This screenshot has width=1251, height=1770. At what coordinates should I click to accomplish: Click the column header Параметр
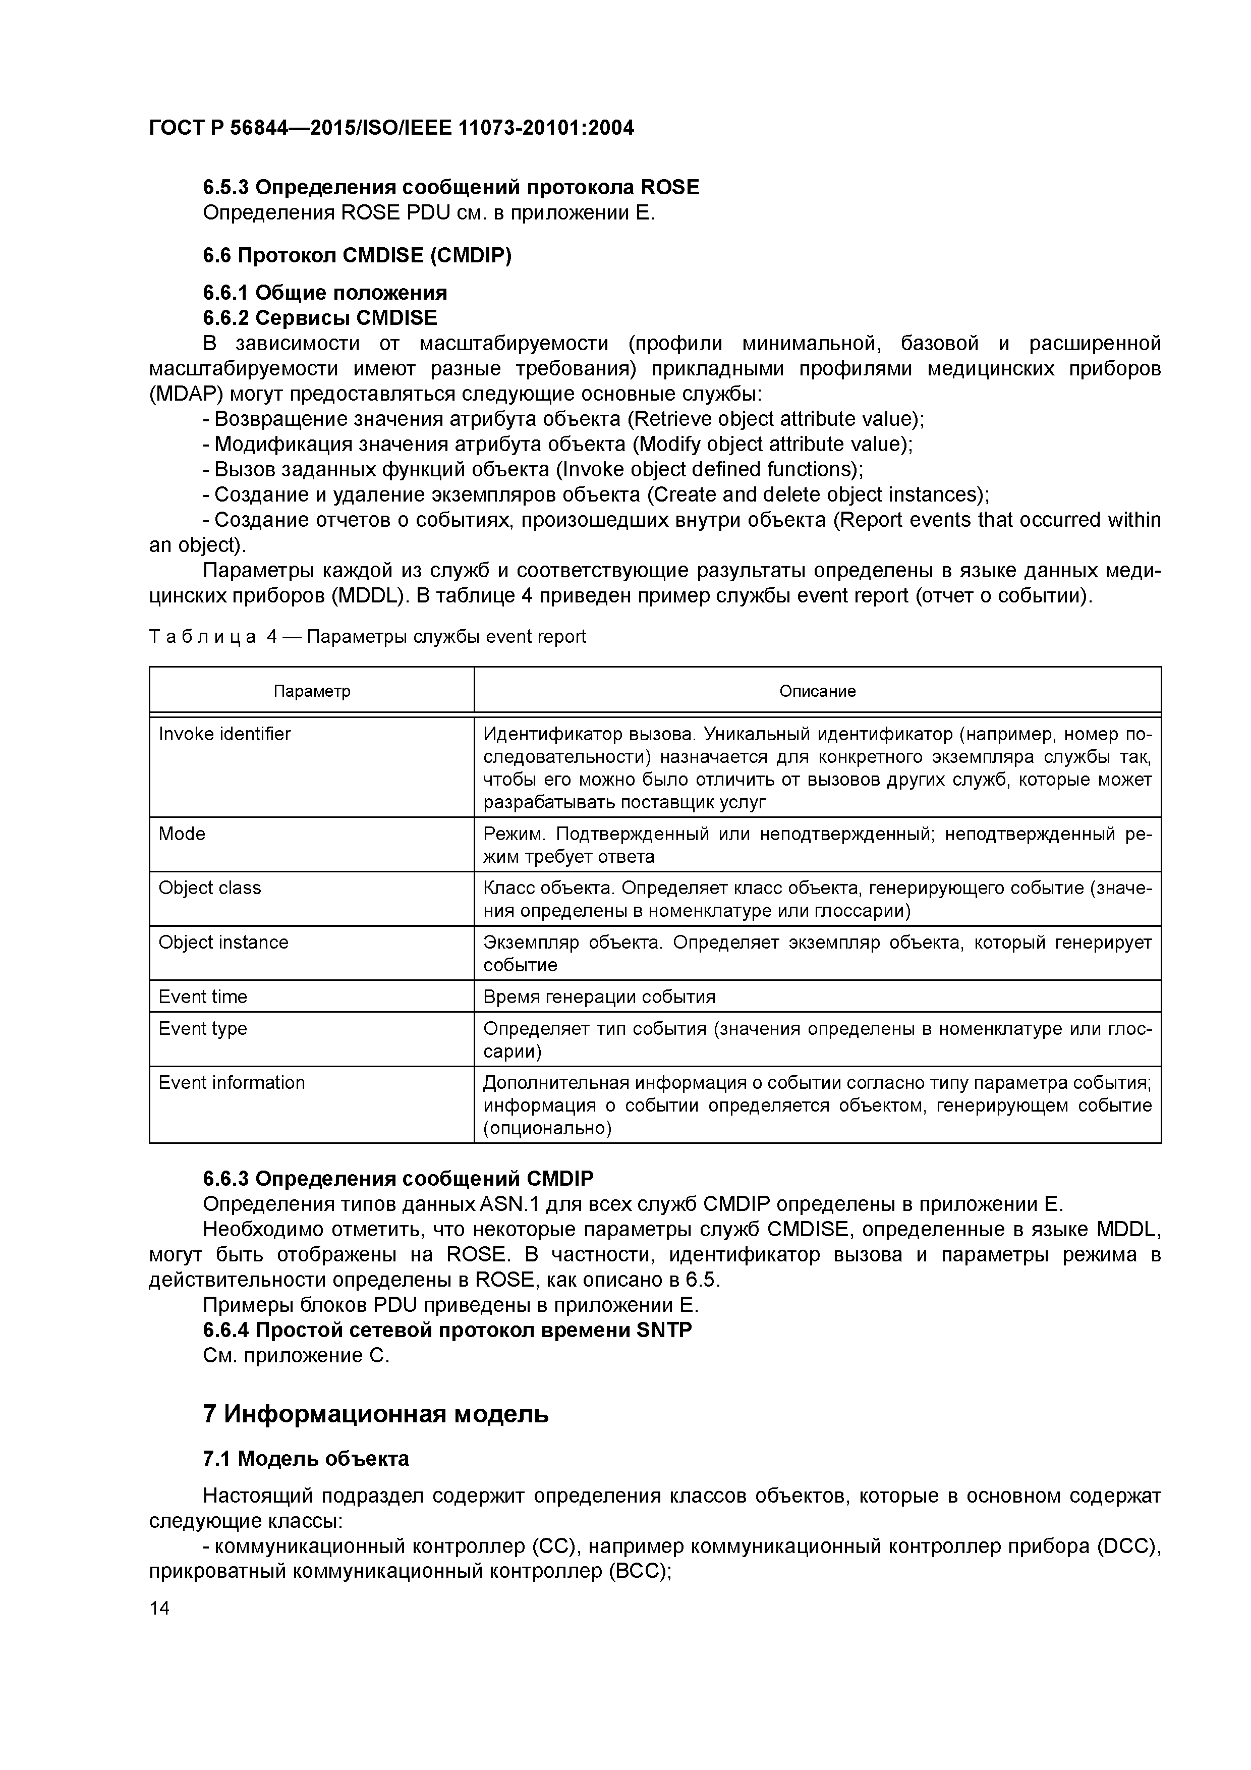pos(311,691)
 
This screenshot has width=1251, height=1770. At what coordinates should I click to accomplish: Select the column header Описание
pos(817,691)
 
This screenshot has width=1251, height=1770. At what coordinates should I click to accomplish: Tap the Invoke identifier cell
pos(225,734)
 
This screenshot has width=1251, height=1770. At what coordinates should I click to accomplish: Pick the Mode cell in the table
pos(182,834)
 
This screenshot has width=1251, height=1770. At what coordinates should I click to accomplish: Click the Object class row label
pos(210,888)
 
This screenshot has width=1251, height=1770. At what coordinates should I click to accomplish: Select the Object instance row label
pos(223,942)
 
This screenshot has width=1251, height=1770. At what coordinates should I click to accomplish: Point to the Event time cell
pos(203,997)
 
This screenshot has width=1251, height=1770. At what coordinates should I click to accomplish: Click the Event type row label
pos(203,1028)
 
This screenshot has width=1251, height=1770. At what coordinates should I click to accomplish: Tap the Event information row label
pos(231,1082)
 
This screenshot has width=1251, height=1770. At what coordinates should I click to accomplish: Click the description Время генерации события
pos(599,997)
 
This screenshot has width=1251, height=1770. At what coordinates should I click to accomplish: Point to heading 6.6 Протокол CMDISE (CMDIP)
pos(357,255)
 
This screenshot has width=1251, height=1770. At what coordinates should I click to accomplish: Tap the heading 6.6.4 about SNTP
pos(447,1330)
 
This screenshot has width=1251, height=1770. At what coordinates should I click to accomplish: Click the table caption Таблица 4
pos(367,637)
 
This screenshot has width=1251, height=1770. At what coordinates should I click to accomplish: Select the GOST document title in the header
pos(391,127)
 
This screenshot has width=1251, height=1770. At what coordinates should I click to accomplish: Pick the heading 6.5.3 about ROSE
pos(451,187)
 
